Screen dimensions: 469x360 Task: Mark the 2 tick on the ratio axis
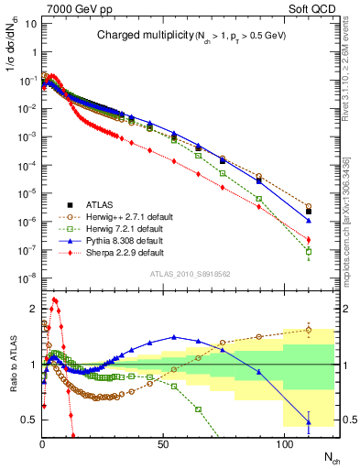34,309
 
